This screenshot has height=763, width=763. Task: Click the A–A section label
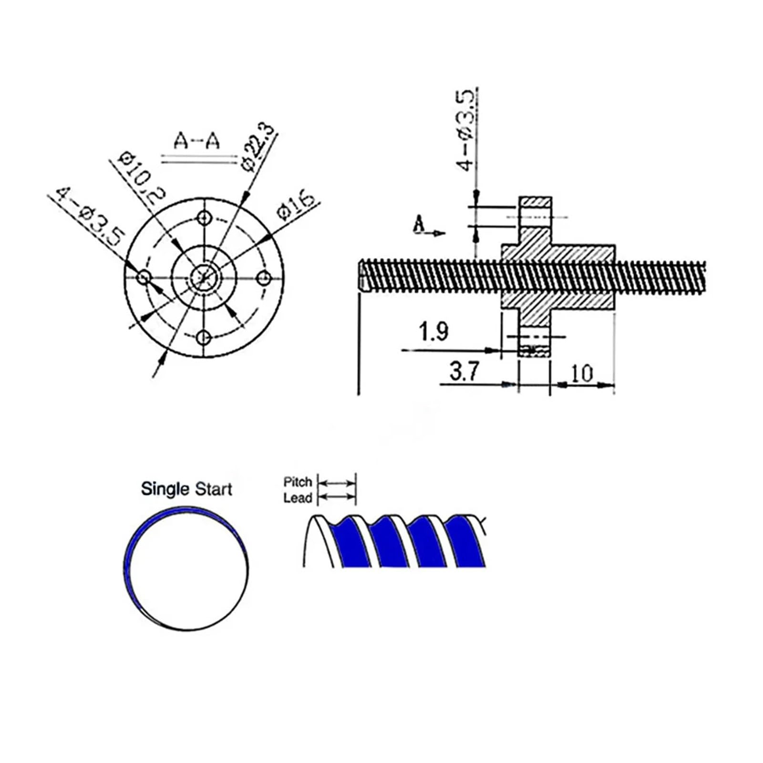point(196,142)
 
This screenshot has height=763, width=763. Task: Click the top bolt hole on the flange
point(205,218)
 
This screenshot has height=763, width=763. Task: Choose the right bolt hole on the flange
point(264,278)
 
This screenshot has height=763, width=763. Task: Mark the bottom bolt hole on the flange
point(204,338)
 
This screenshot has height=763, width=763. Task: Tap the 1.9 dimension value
point(433,332)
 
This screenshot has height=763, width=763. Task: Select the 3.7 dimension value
point(464,371)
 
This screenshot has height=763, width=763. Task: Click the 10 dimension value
point(581,373)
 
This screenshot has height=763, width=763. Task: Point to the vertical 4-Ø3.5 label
point(466,130)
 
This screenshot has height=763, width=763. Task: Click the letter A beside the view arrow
point(419,224)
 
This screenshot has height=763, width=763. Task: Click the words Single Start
point(186,489)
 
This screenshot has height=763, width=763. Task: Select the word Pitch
point(297,482)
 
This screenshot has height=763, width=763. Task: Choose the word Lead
point(297,498)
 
